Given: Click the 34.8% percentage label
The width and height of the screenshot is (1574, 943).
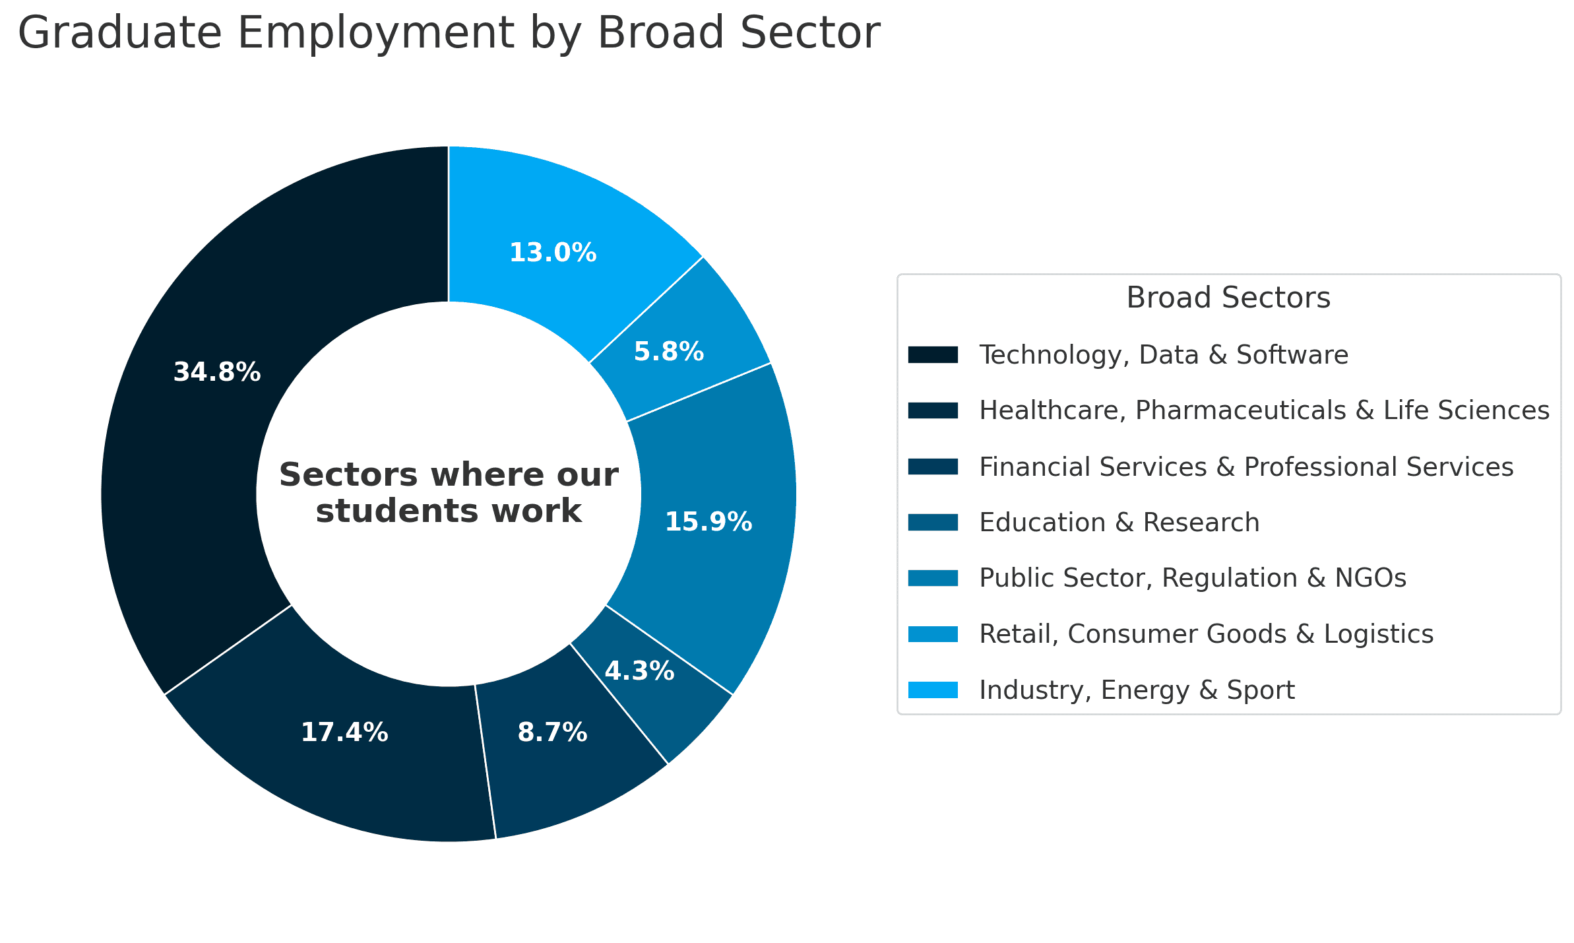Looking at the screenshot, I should tap(217, 373).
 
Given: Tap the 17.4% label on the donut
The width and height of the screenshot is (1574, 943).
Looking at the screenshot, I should tap(344, 733).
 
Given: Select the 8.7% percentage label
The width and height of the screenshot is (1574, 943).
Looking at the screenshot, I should tap(552, 733).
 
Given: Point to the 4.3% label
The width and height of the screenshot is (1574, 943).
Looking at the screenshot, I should tap(639, 672).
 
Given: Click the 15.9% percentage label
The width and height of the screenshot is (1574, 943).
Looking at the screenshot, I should tap(708, 523).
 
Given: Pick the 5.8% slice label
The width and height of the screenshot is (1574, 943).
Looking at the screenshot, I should tap(669, 352).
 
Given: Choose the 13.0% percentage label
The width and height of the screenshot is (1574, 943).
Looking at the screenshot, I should tap(553, 253).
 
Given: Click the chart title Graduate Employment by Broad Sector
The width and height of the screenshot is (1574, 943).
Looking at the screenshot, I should tap(449, 33).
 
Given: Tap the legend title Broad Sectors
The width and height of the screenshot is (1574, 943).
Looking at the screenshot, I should tap(1228, 298).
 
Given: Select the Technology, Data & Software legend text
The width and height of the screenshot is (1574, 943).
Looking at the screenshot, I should tap(1164, 355).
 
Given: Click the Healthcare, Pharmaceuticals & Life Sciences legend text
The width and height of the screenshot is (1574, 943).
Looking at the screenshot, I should tap(1264, 410).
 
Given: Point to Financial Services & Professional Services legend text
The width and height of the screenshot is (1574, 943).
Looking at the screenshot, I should tap(1246, 467).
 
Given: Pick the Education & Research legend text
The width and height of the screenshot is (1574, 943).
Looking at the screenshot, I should tap(1119, 523).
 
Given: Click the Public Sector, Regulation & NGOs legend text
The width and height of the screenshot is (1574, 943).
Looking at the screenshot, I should tap(1193, 578).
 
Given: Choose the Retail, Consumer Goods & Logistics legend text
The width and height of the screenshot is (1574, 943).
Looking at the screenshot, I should tap(1207, 634).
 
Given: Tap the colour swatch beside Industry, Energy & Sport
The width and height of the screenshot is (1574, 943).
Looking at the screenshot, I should tap(933, 690).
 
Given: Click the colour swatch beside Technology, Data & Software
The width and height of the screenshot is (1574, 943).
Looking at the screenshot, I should tap(933, 355).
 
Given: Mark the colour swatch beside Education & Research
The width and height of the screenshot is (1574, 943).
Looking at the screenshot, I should tap(933, 523).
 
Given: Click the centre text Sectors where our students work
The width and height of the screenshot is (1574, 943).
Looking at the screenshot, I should tap(449, 493).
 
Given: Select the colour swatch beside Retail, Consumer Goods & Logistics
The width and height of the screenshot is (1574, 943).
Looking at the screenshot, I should tap(933, 634).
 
